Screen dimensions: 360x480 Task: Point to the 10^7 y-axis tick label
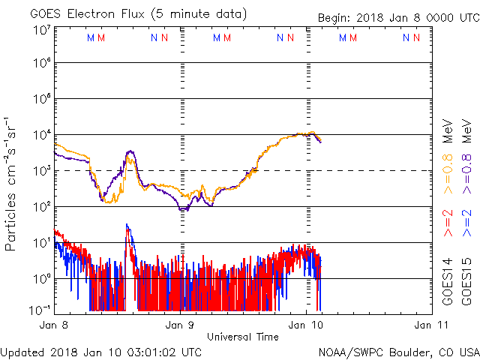click(41, 30)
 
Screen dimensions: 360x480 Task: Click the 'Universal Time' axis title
click(242, 337)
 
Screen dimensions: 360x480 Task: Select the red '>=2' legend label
click(448, 224)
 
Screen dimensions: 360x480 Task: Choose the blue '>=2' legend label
click(466, 224)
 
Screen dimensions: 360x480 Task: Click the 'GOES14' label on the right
click(448, 286)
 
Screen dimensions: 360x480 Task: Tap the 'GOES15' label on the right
click(466, 286)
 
